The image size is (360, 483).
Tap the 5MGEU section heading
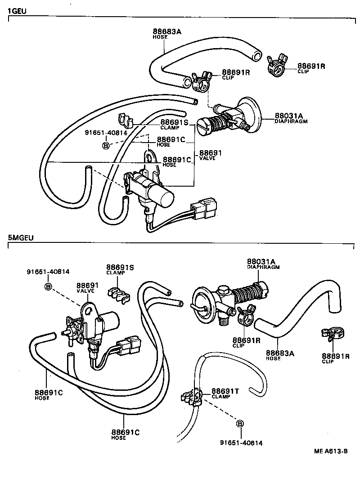pos(21,237)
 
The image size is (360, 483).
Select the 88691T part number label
pos(225,391)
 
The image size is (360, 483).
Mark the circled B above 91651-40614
pos(239,424)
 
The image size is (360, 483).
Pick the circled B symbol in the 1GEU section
pos(106,145)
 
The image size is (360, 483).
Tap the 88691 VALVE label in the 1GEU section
pos(211,153)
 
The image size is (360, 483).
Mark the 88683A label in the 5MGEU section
pos(280,353)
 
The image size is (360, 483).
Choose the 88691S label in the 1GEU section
pos(175,122)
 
